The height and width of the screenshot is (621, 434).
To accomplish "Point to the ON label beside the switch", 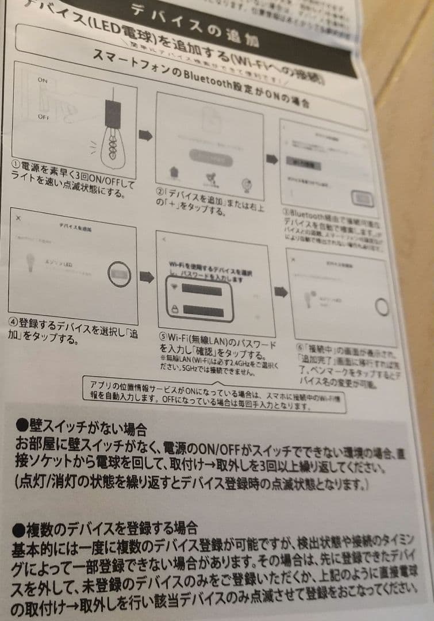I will tap(43, 80).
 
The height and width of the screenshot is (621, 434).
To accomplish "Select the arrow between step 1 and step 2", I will tap(146, 136).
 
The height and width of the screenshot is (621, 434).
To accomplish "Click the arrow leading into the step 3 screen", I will tap(271, 159).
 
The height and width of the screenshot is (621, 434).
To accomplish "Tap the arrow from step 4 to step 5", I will tap(147, 278).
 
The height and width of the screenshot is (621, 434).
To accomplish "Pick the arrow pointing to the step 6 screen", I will tap(281, 292).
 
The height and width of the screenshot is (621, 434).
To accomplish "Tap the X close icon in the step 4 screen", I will tap(18, 218).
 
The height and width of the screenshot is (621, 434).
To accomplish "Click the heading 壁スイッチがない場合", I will tap(80, 427).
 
